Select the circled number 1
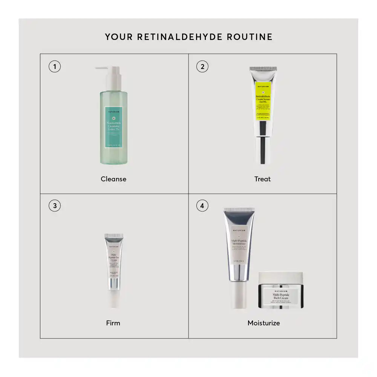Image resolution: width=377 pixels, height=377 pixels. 55,67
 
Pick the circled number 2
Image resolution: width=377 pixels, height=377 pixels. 202,67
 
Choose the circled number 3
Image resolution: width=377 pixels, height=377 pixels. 55,206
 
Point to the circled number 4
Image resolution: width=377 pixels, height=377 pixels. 202,206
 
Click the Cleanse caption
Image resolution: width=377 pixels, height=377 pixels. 113,179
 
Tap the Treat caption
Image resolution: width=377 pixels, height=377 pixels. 262,179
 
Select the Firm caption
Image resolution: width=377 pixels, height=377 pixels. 113,323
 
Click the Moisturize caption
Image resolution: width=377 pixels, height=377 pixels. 264,323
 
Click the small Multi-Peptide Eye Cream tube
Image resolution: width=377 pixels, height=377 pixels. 114,260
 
